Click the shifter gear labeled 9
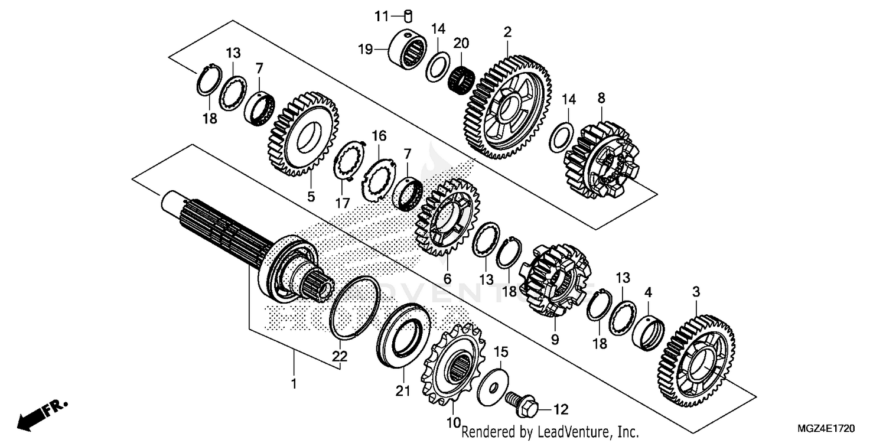pos(555,281)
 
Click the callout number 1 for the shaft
pos(294,385)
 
